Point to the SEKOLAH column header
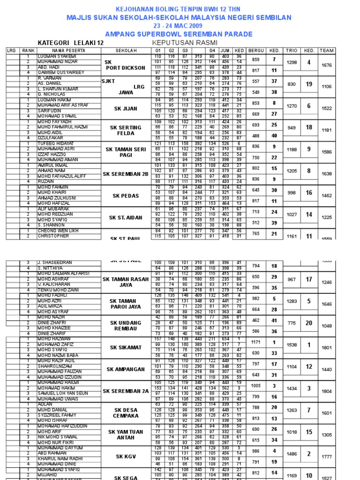click(125, 51)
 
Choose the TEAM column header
click(327, 51)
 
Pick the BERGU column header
click(256, 51)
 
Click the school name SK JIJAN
click(125, 109)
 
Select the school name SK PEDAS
click(125, 196)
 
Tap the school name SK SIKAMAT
click(125, 347)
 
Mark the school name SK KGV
click(125, 457)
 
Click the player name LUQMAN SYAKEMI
click(57, 57)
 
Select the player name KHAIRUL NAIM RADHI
click(61, 459)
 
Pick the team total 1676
click(327, 66)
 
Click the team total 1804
click(327, 391)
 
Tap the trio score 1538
click(292, 345)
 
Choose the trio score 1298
click(292, 62)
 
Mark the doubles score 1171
click(255, 342)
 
